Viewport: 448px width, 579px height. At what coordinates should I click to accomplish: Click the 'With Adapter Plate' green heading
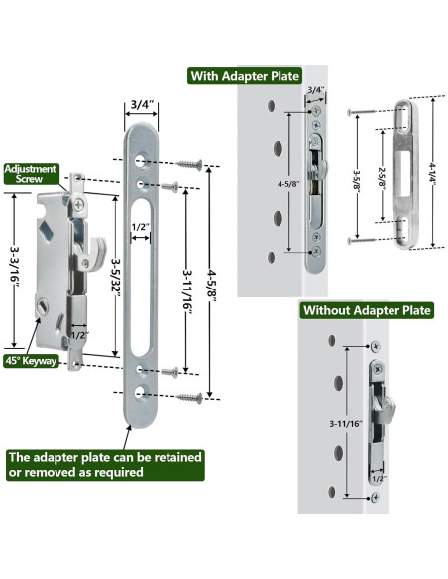point(245,76)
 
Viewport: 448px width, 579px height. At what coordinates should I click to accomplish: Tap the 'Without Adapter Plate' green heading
point(367,310)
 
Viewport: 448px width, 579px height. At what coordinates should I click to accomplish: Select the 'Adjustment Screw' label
point(31,174)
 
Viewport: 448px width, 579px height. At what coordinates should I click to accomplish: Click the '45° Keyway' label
point(31,361)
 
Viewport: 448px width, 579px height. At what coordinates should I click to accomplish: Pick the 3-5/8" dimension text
point(357,181)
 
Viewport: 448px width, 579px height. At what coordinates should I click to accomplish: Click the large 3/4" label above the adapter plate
point(142,105)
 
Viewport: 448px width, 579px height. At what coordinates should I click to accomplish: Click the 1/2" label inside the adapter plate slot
point(141,227)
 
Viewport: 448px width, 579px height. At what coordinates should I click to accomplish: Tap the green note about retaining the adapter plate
point(105,465)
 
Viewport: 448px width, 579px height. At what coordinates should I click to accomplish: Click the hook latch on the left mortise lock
point(93,248)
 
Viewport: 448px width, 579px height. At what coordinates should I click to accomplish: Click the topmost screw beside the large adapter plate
point(189,164)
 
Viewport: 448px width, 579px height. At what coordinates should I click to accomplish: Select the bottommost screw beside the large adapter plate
point(189,398)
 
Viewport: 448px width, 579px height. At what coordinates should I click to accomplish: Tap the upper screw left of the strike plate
point(360,111)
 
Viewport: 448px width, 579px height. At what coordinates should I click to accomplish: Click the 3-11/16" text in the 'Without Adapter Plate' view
point(346,424)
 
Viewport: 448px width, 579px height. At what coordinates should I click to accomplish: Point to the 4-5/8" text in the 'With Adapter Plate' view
point(288,183)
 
